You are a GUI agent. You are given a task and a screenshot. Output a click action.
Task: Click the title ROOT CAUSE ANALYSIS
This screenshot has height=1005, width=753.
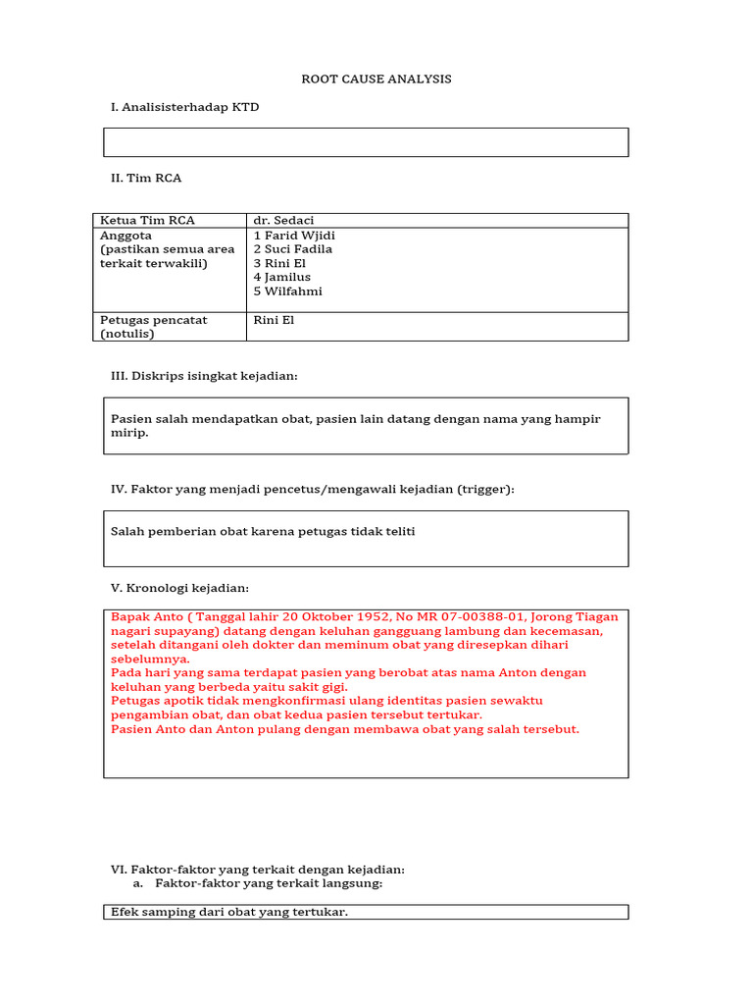click(x=376, y=79)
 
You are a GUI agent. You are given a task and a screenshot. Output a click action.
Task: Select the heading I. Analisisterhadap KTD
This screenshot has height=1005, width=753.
click(x=185, y=107)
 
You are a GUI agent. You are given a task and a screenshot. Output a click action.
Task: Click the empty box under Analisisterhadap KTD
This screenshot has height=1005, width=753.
click(x=366, y=142)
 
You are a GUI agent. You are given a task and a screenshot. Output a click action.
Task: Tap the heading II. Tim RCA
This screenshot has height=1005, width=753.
click(x=146, y=178)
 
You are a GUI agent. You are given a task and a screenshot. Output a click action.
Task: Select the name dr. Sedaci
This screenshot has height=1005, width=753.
click(x=283, y=221)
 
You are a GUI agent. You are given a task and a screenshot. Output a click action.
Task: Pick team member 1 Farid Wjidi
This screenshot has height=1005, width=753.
click(x=294, y=236)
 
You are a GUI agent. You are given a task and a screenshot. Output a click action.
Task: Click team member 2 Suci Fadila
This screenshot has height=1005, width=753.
click(x=292, y=249)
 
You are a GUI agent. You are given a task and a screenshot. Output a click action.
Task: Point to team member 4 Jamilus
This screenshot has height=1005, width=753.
click(x=282, y=277)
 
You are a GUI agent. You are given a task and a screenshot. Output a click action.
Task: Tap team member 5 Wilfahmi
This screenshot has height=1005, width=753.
click(x=287, y=291)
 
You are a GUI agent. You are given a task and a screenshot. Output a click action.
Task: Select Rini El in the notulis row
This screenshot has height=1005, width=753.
click(x=274, y=320)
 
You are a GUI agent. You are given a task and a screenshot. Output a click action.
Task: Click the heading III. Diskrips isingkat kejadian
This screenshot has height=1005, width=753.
click(x=204, y=376)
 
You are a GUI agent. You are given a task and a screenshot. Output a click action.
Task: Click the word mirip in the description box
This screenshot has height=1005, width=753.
click(x=128, y=433)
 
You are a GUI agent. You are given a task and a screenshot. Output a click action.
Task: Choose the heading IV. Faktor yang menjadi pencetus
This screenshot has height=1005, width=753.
click(x=312, y=489)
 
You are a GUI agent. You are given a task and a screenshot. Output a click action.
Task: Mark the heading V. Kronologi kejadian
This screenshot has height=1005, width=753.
click(x=179, y=588)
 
